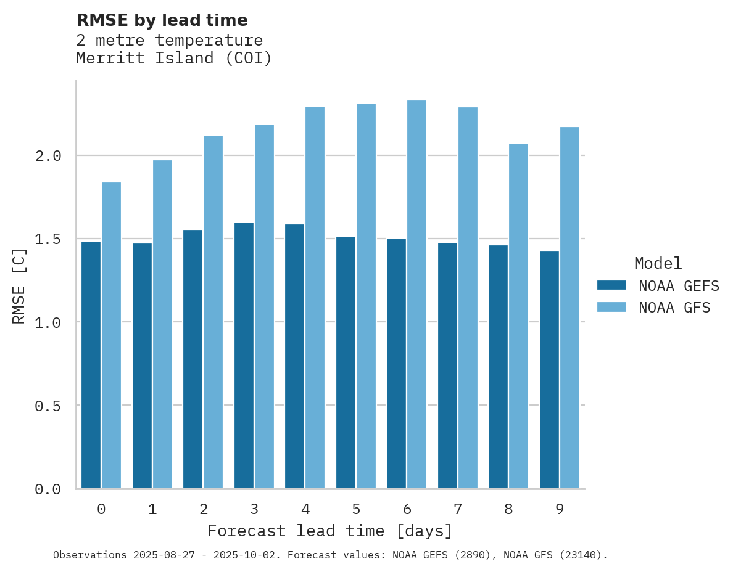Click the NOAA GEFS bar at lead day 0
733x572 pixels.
[x=91, y=365]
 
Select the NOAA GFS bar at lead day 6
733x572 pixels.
[x=416, y=295]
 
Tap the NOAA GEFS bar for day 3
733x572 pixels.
[x=244, y=356]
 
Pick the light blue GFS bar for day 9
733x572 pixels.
[x=569, y=308]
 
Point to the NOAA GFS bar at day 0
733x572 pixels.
[x=111, y=335]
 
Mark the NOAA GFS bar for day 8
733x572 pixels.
[x=518, y=316]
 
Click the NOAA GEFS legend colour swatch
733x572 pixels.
[x=611, y=285]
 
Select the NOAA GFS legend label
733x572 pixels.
[x=674, y=308]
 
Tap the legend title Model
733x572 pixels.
[x=658, y=263]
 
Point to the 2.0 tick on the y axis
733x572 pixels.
[x=48, y=156]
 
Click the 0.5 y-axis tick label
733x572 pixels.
[x=48, y=406]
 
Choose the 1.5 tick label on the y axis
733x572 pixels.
[x=48, y=239]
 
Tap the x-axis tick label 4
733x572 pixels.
[x=305, y=509]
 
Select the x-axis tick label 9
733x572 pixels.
[x=560, y=509]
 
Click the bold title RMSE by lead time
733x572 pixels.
[x=162, y=20]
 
